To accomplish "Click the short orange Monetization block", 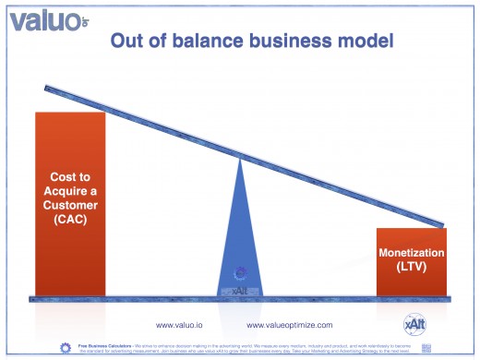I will point(413,262).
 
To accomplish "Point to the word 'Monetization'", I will point(413,253).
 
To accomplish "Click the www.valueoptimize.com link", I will point(290,325).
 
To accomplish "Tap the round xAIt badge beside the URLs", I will point(414,324).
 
